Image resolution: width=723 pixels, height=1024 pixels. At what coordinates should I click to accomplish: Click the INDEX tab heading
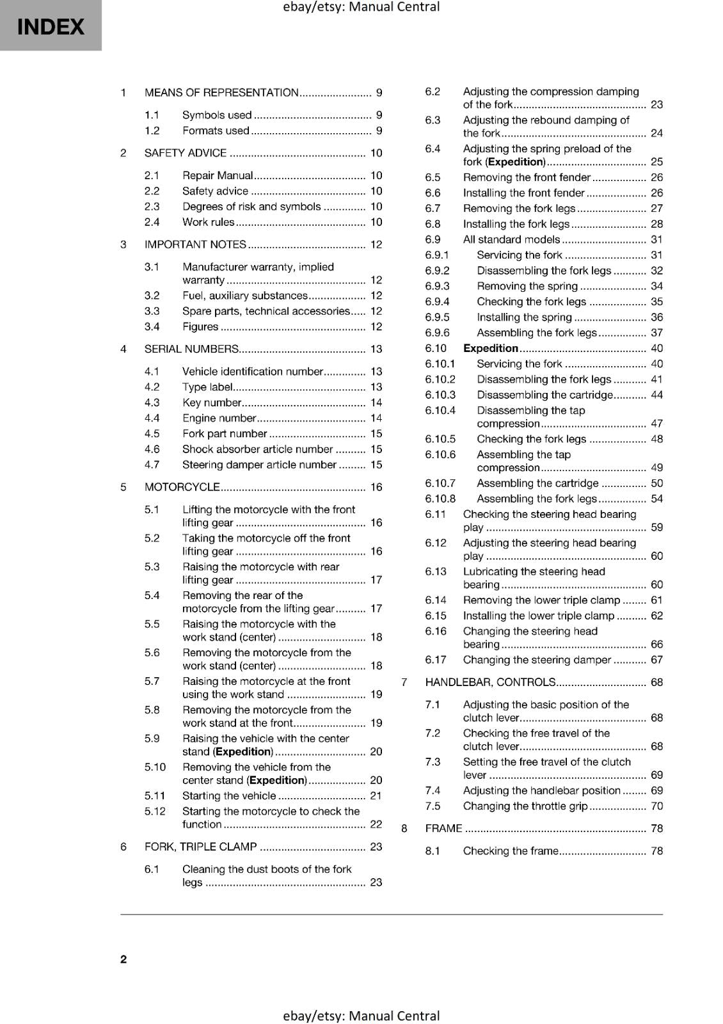coord(51,27)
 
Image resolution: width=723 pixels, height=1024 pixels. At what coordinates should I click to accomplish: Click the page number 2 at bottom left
coord(123,959)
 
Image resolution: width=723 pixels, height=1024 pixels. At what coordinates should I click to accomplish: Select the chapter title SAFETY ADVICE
coord(186,153)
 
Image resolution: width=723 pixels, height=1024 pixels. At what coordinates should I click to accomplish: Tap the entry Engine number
coord(219,418)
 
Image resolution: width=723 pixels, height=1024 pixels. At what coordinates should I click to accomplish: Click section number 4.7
coord(152,465)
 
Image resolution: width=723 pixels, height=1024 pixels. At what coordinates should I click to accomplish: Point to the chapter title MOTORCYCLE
coord(182,487)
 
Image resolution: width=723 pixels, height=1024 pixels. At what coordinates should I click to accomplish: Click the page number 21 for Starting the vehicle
coord(376,796)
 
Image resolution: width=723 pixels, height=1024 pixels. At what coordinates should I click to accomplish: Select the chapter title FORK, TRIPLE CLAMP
coord(200,847)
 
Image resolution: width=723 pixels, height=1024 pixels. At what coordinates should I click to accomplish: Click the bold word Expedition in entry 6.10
coord(491,348)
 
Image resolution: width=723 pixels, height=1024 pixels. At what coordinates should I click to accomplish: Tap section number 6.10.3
coord(440,395)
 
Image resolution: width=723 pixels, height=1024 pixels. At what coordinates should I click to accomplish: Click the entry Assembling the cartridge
coord(537,483)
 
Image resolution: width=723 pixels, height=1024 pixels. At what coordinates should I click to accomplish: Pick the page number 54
coord(656,499)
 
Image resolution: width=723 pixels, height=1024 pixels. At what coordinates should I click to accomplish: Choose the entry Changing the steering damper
coord(537,660)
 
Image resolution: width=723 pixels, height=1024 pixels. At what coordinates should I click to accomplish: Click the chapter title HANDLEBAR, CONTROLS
coord(490,682)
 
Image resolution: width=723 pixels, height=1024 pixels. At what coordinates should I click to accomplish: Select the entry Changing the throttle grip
coord(525,806)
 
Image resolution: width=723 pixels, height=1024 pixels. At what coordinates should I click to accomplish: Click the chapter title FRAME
coord(443,828)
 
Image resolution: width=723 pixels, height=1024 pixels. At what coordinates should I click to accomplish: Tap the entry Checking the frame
coord(511,851)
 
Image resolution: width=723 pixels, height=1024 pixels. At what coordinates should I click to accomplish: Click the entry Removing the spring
coord(527,286)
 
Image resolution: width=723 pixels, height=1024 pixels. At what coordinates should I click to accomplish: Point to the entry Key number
coord(211,403)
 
